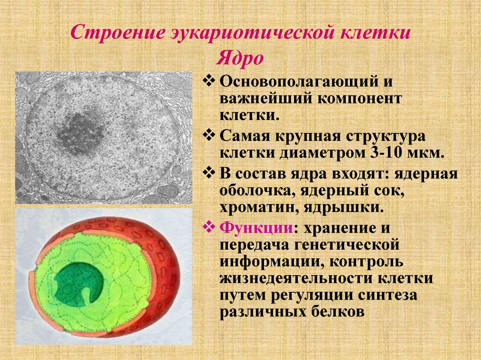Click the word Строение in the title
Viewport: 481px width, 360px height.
(117, 32)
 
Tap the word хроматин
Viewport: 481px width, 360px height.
(258, 207)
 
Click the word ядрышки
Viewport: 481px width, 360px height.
(344, 207)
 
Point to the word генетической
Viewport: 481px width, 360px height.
(347, 245)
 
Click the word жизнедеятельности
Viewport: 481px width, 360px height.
(296, 278)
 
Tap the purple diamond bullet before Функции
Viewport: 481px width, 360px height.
(209, 227)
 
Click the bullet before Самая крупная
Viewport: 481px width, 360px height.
(209, 135)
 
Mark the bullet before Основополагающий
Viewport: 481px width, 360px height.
(209, 81)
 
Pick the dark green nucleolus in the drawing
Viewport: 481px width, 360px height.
(78, 283)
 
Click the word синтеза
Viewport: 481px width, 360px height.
(388, 295)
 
